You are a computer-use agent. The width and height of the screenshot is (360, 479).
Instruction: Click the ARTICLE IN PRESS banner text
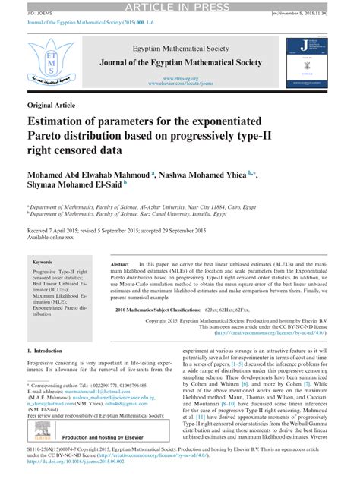180,7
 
